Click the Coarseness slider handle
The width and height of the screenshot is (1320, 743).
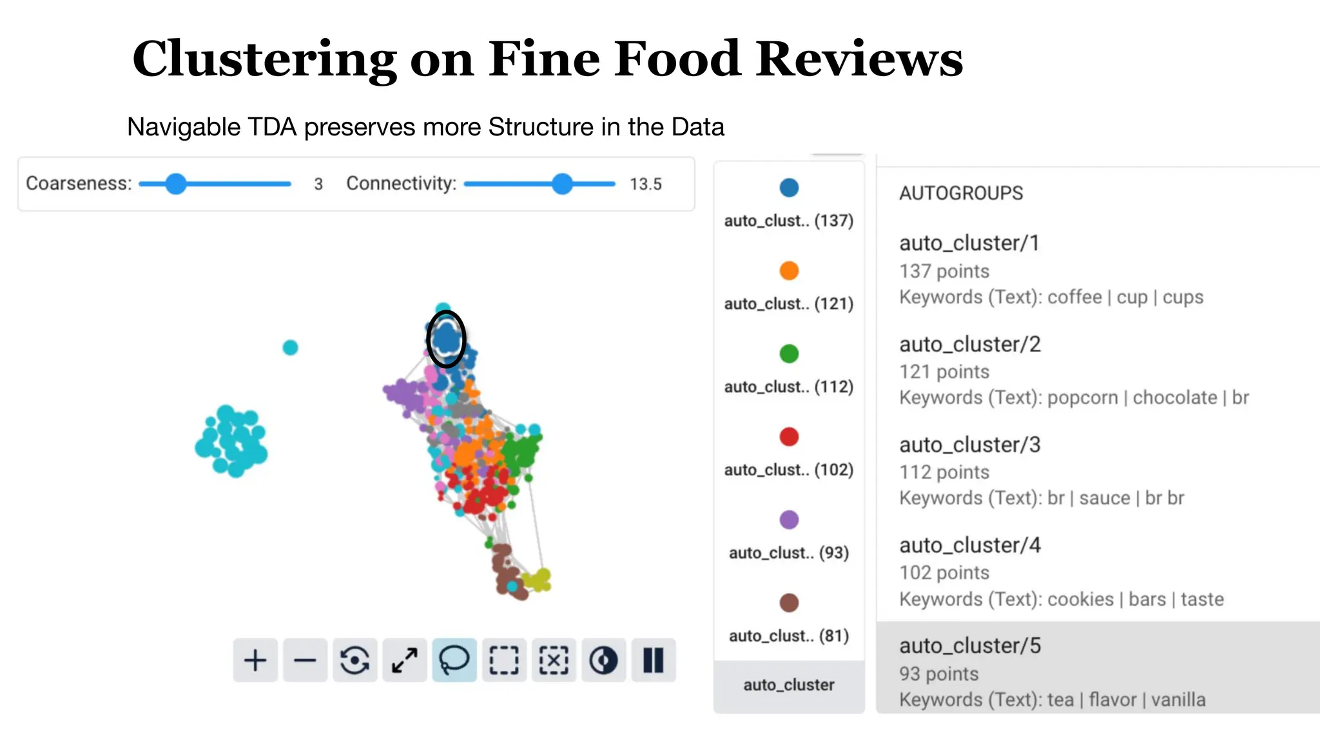(175, 184)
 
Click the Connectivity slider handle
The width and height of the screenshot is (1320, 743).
(563, 184)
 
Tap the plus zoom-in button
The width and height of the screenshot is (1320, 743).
(255, 660)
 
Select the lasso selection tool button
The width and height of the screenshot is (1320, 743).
(454, 660)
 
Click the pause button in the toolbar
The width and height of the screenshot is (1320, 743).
(653, 660)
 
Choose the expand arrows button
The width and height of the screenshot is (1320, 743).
(405, 660)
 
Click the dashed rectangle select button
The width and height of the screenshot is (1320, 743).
(504, 660)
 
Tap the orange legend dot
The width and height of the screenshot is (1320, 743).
(789, 271)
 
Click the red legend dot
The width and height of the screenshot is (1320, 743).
(789, 437)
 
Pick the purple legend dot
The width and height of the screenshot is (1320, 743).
(789, 520)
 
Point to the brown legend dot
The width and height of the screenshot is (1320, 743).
(789, 603)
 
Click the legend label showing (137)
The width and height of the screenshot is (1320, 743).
(789, 221)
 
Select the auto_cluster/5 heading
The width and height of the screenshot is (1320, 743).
(970, 646)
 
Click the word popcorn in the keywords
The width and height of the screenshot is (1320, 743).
(1082, 398)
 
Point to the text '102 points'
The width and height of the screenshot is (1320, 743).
(944, 573)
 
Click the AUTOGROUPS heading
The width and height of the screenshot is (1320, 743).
(961, 193)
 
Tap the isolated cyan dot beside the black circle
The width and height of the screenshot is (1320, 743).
(291, 348)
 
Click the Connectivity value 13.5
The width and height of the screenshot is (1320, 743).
(646, 184)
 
